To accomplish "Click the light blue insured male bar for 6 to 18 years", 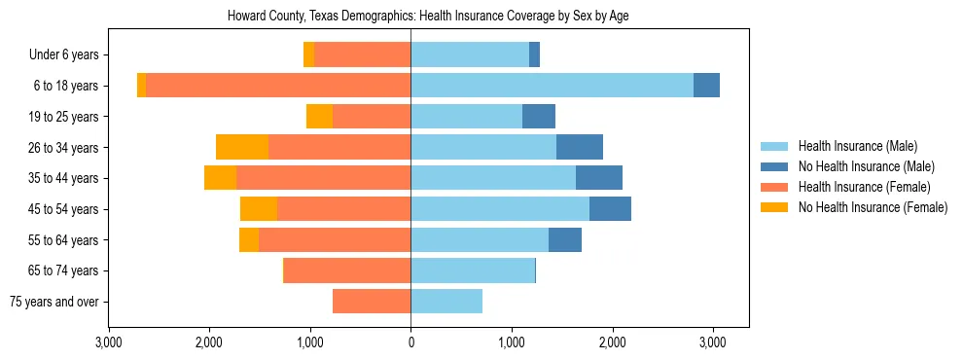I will [x=552, y=86].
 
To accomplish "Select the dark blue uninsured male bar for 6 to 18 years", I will [x=706, y=86].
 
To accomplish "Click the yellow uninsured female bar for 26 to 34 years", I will [x=242, y=147].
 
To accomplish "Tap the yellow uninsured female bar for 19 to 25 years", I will [x=319, y=117].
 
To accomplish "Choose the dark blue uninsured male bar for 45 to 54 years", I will [x=610, y=209].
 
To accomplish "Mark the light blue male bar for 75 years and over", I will [x=446, y=302].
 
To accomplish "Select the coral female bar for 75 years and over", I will [x=372, y=302].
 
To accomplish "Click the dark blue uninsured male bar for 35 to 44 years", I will [x=599, y=178].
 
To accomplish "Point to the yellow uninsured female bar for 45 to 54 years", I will [x=259, y=209].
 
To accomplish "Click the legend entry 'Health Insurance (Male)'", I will [x=857, y=146].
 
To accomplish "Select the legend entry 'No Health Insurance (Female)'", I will [x=873, y=207].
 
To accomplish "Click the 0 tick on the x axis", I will [x=410, y=342].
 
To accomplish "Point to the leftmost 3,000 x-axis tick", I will [x=109, y=342].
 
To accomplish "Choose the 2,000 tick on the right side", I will [x=612, y=342].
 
